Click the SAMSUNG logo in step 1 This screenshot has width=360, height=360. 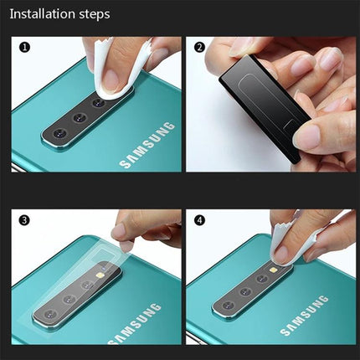(x=147, y=146)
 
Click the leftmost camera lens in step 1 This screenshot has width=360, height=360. (x=59, y=133)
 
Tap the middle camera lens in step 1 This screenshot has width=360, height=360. (x=79, y=118)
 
